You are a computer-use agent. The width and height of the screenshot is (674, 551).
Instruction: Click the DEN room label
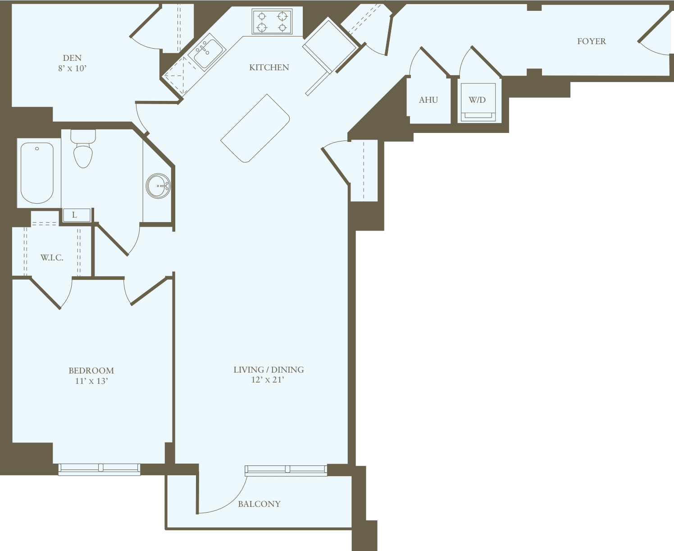[x=72, y=58]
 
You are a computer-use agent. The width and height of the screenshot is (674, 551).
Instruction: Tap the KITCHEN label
[x=269, y=68]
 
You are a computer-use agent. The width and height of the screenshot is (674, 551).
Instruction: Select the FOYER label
[x=591, y=41]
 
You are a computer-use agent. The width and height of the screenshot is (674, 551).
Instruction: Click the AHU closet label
[x=428, y=100]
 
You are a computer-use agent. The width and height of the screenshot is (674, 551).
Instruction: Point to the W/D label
[x=477, y=100]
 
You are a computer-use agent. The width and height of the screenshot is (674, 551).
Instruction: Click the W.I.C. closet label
[x=52, y=258]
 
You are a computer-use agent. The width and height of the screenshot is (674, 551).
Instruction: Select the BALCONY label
[x=259, y=504]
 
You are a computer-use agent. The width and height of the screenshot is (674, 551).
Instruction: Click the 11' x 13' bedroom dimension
[x=91, y=381]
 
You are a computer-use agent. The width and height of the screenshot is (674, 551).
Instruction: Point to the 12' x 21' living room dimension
[x=268, y=380]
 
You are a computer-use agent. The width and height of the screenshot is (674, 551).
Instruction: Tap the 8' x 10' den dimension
[x=72, y=68]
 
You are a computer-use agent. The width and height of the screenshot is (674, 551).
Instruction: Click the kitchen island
[x=255, y=128]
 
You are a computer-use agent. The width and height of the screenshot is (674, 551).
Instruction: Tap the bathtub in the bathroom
[x=37, y=173]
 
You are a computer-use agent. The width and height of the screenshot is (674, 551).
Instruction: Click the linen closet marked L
[x=75, y=215]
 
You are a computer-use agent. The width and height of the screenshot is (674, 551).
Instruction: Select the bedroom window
[x=99, y=469]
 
